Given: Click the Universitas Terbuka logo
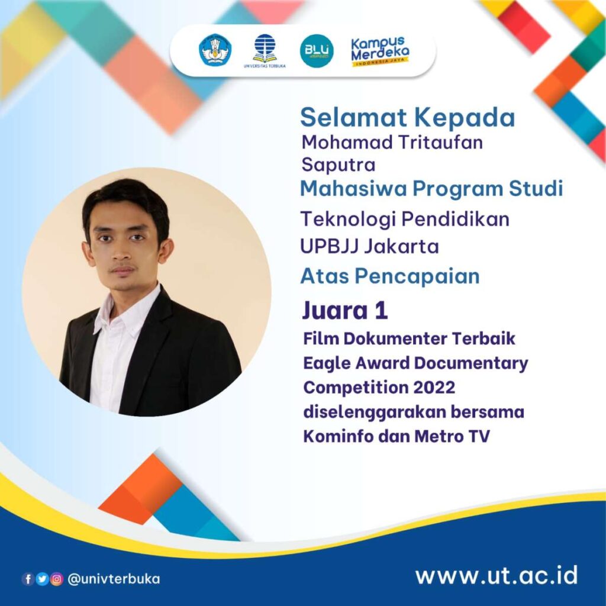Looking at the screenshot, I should tap(264, 51).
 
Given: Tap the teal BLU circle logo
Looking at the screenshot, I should tap(316, 51).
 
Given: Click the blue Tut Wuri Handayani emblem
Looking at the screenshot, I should tap(215, 50).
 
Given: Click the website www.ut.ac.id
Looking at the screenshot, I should tap(496, 575).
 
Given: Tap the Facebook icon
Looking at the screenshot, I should tap(28, 579).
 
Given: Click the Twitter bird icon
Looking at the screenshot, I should tap(42, 579).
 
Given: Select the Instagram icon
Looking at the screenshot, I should tap(56, 579).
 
